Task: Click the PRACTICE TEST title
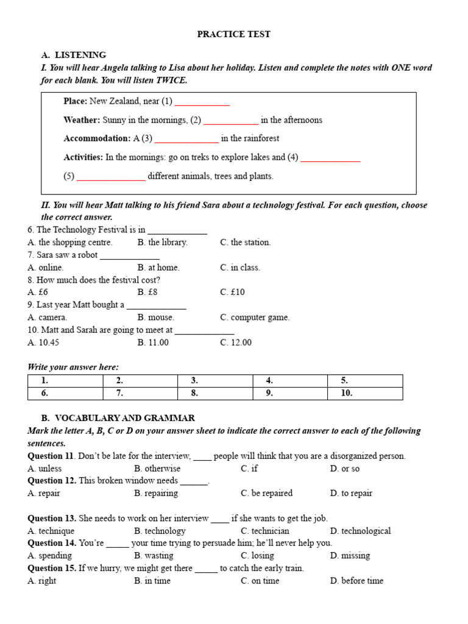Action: pos(233,34)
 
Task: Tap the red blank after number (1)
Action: pos(202,102)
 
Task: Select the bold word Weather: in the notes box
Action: pos(82,120)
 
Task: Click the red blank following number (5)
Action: pos(111,177)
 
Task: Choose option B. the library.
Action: pos(162,243)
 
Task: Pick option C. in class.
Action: pos(239,268)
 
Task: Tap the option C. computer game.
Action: pos(255,317)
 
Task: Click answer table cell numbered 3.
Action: pos(214,381)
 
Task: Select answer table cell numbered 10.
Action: pos(364,394)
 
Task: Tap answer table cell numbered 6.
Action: pos(65,394)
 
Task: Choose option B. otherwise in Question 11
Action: pos(157,469)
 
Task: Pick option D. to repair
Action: pos(351,494)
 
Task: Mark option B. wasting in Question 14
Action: pos(154,556)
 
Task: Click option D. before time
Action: pos(356,581)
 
